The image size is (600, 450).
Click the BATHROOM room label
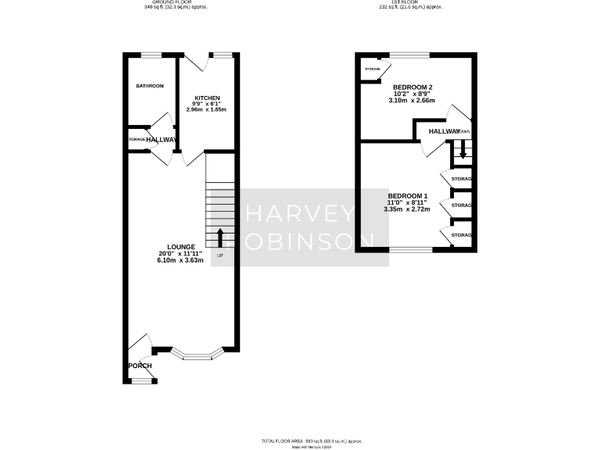point(149,86)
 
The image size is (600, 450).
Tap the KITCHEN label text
point(206,98)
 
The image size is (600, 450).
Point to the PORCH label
point(141,366)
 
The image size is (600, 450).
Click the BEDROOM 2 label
point(412,87)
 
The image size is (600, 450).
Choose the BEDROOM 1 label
point(408,195)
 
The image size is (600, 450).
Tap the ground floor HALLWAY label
point(162,140)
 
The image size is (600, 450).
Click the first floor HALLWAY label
point(445,132)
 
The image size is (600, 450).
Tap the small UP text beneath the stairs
point(220,256)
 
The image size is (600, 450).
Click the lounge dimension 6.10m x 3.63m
point(180,260)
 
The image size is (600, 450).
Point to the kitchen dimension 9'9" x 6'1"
point(206,104)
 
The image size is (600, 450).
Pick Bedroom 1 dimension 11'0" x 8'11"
point(408,202)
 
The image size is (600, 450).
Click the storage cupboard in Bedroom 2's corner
point(372,70)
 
